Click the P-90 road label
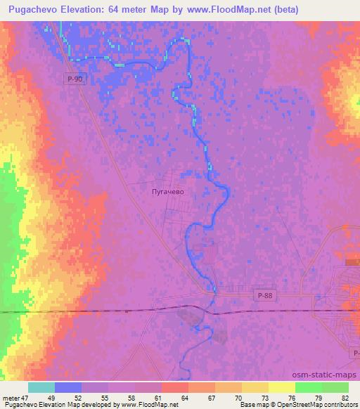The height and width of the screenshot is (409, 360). [x=75, y=79]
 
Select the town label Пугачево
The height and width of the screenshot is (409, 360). [x=167, y=190]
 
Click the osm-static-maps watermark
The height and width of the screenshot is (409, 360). [x=326, y=376]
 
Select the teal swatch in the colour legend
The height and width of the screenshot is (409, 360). [x=41, y=387]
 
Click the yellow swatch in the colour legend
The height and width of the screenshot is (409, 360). [x=282, y=387]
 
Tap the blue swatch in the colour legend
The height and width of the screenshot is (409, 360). [x=68, y=387]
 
